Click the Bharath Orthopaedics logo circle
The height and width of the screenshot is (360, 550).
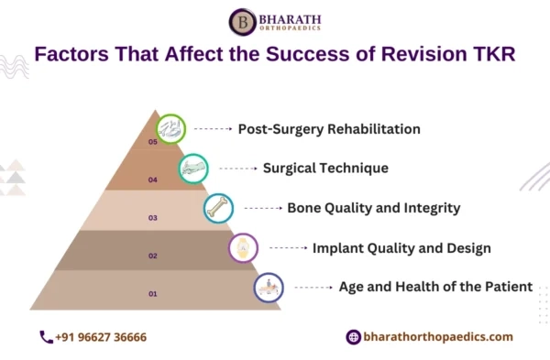click(242, 22)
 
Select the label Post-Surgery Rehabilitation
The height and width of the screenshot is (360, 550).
click(329, 129)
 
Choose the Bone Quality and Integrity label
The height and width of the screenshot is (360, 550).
click(373, 208)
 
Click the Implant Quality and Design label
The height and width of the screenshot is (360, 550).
click(401, 247)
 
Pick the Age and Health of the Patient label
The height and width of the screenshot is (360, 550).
click(435, 287)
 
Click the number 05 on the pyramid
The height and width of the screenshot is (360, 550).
click(153, 142)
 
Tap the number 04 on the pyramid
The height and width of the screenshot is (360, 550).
click(153, 180)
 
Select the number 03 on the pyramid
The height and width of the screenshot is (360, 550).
click(153, 217)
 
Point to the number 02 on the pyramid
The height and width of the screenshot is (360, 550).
click(153, 256)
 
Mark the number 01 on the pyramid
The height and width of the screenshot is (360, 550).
click(153, 293)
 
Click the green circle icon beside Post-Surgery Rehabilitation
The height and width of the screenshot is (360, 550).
click(170, 129)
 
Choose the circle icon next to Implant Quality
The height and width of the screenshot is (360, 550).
click(244, 247)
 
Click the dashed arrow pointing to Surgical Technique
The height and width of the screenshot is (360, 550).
click(237, 169)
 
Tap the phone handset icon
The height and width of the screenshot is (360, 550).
click(46, 337)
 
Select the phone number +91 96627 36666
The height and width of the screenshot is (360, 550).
click(101, 337)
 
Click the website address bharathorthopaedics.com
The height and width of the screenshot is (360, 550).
click(438, 337)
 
